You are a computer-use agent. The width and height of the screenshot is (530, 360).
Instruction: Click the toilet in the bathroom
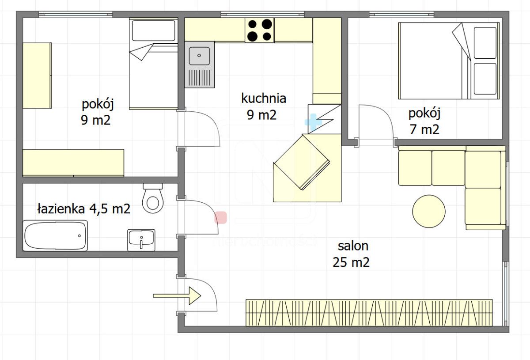[x=153, y=198]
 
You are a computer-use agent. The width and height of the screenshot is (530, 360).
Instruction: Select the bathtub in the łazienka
[x=55, y=235]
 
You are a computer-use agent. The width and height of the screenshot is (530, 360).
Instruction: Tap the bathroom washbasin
[x=141, y=240]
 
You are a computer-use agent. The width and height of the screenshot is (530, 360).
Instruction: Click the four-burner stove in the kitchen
[x=259, y=30]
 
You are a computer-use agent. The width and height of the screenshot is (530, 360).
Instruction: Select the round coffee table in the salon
[x=428, y=211]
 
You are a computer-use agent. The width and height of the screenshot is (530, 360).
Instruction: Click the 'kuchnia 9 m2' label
[x=263, y=106]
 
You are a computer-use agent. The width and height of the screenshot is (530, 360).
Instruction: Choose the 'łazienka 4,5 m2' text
[x=83, y=208]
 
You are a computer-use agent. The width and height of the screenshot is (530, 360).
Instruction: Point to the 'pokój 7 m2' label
[x=424, y=121]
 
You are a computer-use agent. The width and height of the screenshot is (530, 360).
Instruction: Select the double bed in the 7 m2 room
[x=448, y=61]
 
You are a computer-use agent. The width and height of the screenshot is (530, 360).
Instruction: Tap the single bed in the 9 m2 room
[x=153, y=64]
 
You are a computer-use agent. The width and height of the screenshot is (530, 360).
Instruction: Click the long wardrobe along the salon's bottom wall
[x=369, y=313]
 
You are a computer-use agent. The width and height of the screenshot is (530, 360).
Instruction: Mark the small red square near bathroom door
[x=220, y=217]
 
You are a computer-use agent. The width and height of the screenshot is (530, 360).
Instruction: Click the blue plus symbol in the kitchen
[x=313, y=122]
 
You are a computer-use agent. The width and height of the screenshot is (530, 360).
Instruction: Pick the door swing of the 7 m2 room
[x=375, y=121]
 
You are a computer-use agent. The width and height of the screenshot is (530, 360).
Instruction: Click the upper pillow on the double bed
[x=485, y=42]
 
